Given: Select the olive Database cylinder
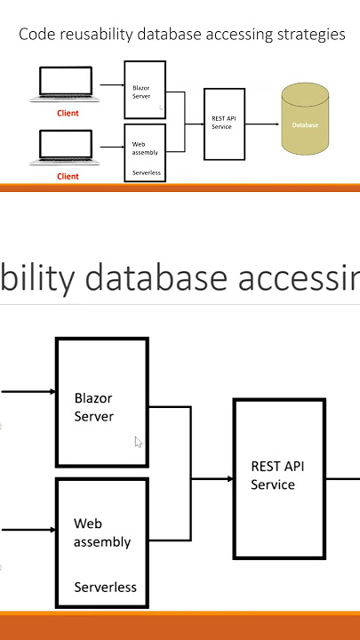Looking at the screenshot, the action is point(305,118).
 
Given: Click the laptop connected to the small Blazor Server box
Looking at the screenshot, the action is point(65,84).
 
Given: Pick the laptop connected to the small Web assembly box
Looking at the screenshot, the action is point(65,148).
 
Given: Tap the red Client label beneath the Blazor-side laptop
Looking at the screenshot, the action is point(68,113).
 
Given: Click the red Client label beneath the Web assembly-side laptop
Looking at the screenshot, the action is point(68,176).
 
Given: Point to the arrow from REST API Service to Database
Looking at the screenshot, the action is point(262,124).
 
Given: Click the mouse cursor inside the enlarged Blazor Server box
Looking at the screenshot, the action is point(139,442).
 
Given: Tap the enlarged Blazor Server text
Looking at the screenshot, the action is point(93,407).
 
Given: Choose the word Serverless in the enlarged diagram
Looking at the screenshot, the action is point(105,588).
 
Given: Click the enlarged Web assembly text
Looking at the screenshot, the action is point(102,533).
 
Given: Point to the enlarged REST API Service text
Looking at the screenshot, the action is point(277,475).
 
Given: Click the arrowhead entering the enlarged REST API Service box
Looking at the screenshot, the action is point(230,479).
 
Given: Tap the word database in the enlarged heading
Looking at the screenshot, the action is point(156,277).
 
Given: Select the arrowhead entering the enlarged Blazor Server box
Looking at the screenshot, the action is point(52,392).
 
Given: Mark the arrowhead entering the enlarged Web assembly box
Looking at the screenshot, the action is point(52,530).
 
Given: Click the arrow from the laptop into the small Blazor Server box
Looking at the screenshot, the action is point(112,85).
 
